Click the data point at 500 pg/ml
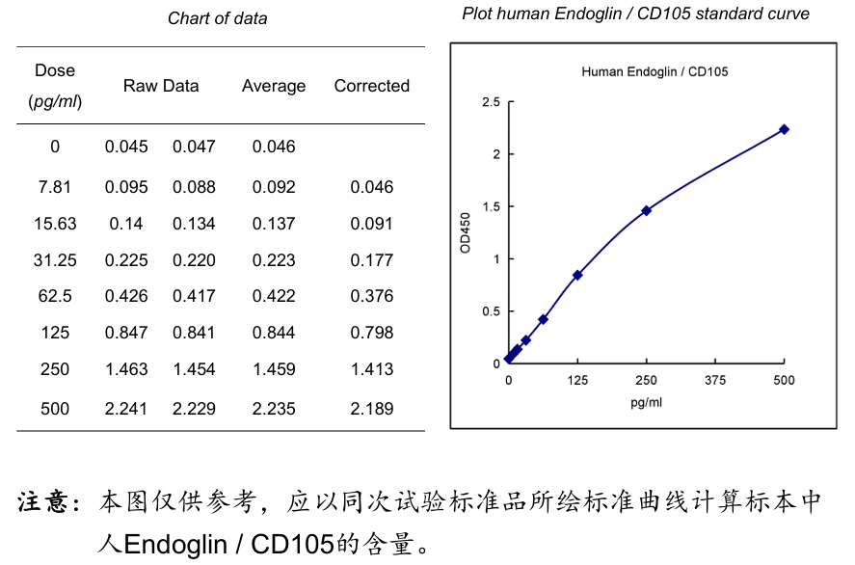[x=784, y=129]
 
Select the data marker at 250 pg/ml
[x=646, y=210]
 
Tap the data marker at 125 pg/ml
[x=577, y=275]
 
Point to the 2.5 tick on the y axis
[x=491, y=102]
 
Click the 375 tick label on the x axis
[x=714, y=381]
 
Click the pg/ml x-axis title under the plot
[x=646, y=402]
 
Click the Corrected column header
[x=371, y=86]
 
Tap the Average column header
[x=274, y=86]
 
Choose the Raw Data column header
[x=161, y=86]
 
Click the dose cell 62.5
[x=55, y=296]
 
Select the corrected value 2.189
[x=371, y=409]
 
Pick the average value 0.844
[x=274, y=333]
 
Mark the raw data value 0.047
[x=194, y=147]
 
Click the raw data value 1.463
[x=126, y=369]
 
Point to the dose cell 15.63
[x=55, y=224]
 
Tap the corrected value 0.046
[x=371, y=187]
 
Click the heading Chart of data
[x=218, y=18]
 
